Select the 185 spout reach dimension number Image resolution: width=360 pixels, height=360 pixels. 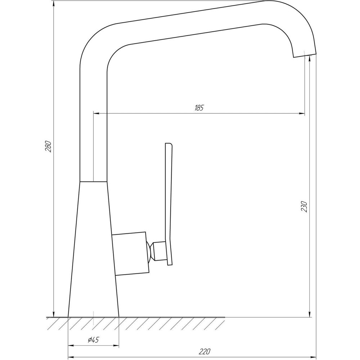[199, 108]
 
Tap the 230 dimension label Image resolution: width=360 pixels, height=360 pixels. [305, 206]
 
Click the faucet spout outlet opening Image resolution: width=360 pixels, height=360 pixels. [305, 54]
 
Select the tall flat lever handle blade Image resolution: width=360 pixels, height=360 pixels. [169, 202]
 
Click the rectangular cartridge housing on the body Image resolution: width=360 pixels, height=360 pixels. [130, 254]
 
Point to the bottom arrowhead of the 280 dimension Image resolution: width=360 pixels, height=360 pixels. [54, 314]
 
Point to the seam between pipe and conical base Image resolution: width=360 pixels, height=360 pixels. [93, 181]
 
